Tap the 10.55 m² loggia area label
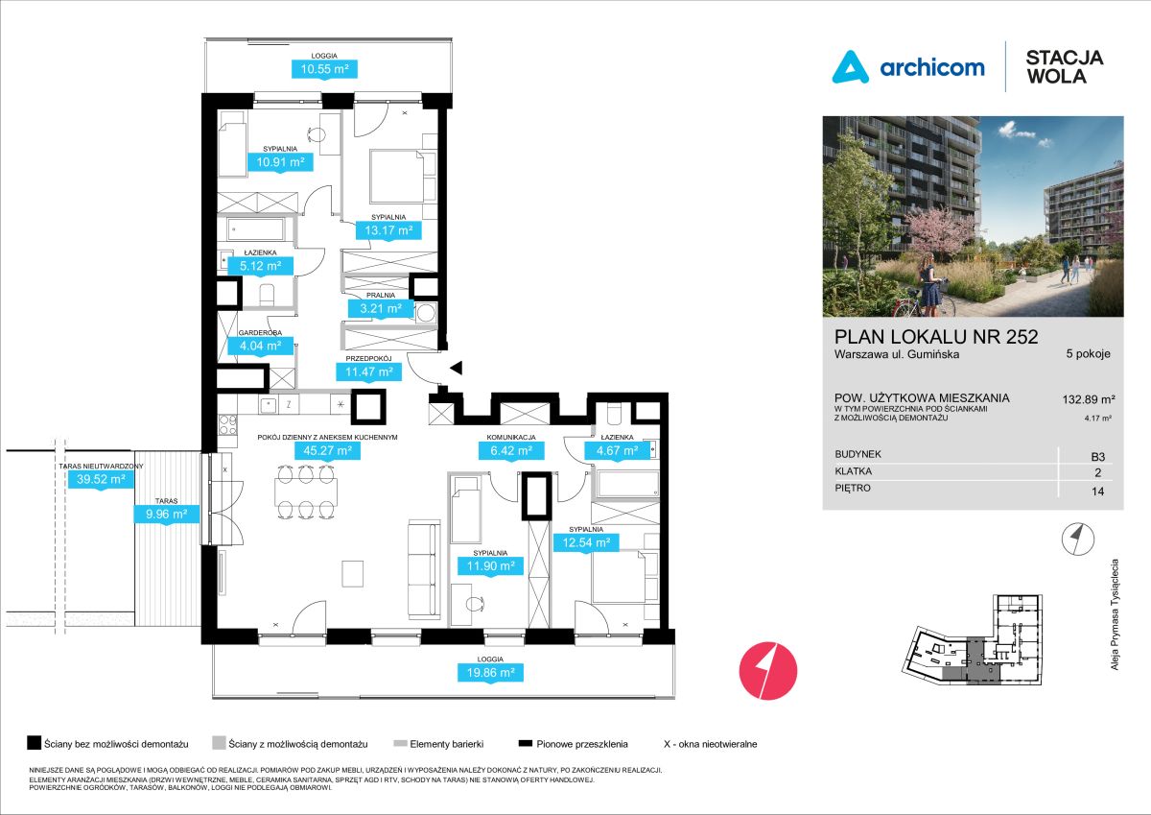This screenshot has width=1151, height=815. tap(324, 69)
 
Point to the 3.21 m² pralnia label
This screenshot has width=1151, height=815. tap(380, 309)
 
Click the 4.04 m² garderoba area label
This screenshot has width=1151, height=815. tap(260, 346)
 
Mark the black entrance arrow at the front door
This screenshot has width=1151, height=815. tap(457, 367)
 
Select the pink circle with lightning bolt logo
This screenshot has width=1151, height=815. tap(769, 669)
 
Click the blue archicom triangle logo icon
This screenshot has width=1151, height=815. tap(850, 67)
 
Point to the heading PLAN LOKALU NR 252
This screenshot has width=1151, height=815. tap(936, 336)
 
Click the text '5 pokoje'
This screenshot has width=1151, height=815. tap(1088, 353)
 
